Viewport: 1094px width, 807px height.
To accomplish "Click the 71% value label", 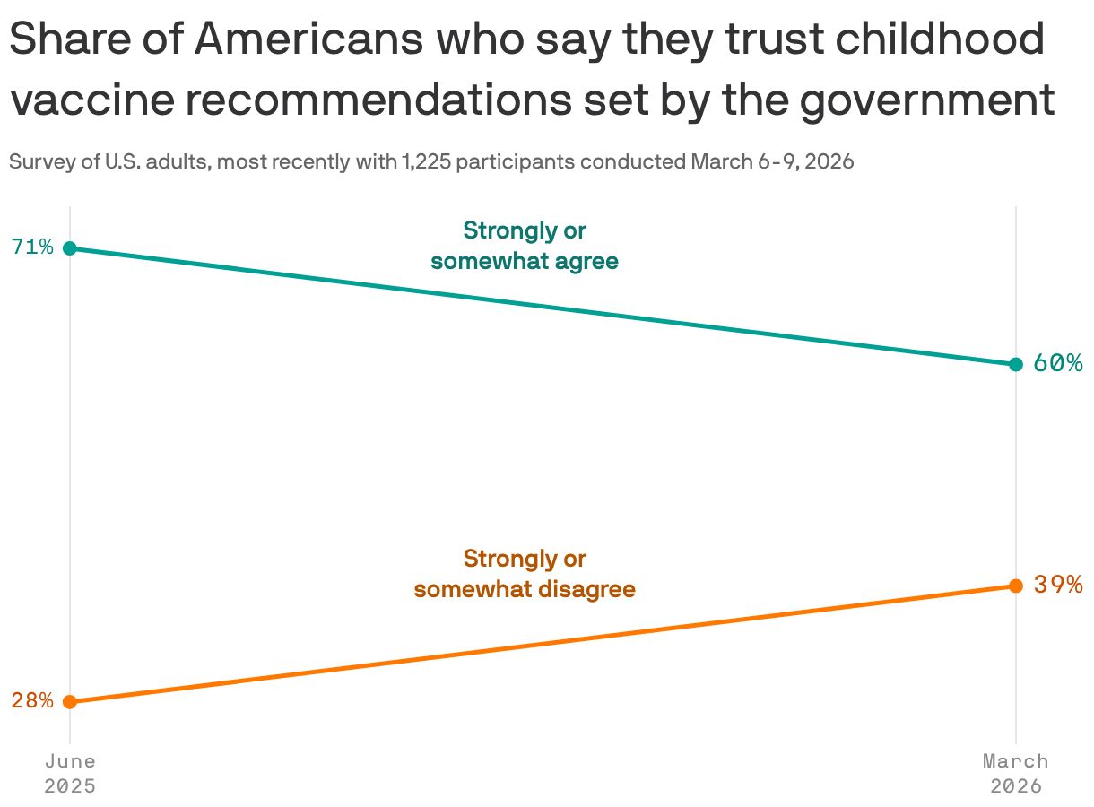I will point(32,247).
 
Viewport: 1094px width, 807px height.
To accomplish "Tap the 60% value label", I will point(1058,363).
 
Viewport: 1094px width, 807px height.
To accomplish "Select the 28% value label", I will point(32,700).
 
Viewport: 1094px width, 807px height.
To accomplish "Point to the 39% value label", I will point(1058,585).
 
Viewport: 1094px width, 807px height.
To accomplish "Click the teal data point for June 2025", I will point(70,248).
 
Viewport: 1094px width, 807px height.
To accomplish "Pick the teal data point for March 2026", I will point(1016,364).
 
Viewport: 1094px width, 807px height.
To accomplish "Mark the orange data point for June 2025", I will point(70,701).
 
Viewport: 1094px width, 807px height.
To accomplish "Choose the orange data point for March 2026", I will point(1016,586).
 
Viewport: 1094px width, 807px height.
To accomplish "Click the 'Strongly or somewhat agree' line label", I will point(525,246).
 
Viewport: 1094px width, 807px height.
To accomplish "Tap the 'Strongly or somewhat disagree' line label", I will point(525,574).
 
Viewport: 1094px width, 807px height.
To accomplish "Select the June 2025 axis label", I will point(70,773).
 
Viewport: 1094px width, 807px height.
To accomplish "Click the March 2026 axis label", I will point(1016,773).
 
